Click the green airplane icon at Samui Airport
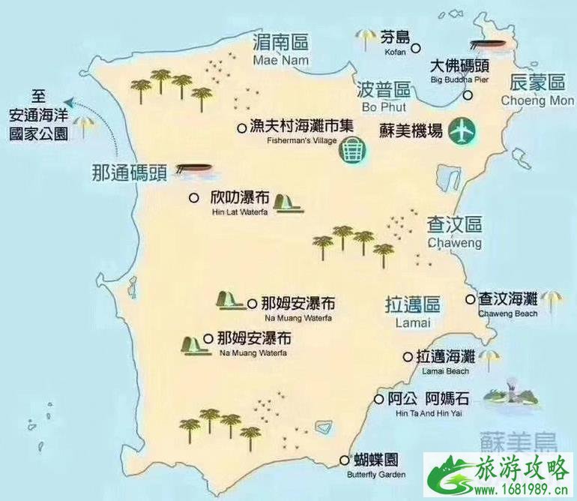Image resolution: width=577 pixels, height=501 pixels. click(x=463, y=132)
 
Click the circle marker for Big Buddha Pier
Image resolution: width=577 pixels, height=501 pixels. click(x=468, y=95)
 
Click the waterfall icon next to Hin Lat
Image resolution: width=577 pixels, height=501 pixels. click(x=288, y=202)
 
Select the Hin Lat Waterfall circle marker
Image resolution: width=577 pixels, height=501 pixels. click(x=193, y=198)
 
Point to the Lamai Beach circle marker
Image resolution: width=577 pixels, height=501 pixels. click(x=408, y=357)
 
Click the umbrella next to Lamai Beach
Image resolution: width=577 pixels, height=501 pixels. click(x=489, y=359)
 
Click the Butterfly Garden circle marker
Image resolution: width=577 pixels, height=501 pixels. click(x=345, y=460)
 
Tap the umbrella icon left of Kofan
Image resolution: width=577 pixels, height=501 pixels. click(x=366, y=37)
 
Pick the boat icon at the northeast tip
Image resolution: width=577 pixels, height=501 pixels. click(x=483, y=44)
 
